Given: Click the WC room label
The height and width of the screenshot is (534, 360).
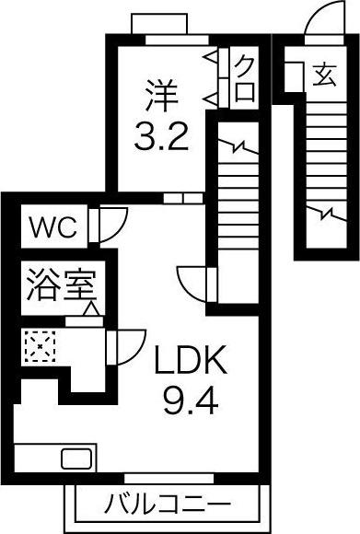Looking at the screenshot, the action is [x=53, y=226].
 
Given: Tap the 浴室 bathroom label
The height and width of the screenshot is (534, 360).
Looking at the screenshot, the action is [x=61, y=285].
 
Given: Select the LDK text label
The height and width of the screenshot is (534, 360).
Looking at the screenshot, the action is [x=191, y=359].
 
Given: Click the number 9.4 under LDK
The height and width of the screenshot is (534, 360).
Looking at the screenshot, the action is [x=191, y=400].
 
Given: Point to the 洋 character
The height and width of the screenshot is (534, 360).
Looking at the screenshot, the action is [x=161, y=96].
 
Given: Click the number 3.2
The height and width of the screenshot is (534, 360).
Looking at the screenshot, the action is [x=161, y=137].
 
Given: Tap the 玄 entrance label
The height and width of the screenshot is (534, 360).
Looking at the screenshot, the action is [x=325, y=75].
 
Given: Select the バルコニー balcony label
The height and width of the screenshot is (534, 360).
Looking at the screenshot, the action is [x=168, y=505].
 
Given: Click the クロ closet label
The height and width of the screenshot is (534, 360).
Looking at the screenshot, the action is [x=245, y=79].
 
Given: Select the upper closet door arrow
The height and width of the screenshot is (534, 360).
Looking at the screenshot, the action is [x=211, y=58].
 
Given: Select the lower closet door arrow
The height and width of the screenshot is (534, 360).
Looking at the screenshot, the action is [x=211, y=99].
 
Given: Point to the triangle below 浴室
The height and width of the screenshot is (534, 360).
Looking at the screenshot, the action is [x=91, y=308].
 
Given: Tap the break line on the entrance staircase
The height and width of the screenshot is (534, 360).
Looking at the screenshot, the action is [x=328, y=214].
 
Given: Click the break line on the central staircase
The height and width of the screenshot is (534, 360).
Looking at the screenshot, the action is [x=238, y=146].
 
